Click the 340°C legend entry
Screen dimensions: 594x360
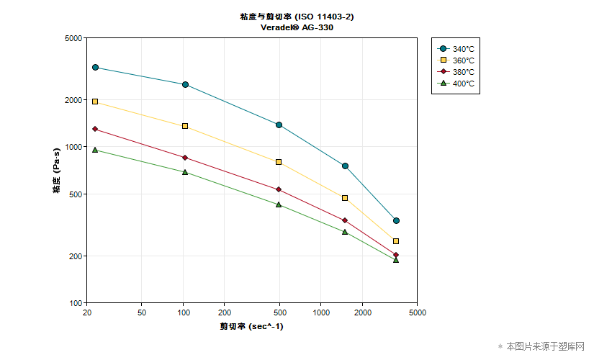456,49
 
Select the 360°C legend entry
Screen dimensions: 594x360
456,60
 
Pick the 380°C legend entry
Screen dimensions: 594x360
456,71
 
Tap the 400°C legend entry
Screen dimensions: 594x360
456,84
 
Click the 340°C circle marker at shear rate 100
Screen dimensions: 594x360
185,84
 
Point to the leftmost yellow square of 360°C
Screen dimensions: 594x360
95,102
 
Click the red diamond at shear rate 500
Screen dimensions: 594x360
279,189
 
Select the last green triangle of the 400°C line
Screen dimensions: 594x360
396,260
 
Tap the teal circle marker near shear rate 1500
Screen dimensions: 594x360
345,166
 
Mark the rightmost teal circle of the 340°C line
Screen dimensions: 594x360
396,220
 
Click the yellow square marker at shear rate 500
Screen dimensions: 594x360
279,162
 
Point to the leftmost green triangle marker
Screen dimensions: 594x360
95,150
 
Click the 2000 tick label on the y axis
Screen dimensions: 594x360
73,100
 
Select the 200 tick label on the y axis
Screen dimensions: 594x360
76,256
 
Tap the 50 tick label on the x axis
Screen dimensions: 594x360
141,312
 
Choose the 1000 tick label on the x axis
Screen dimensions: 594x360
321,312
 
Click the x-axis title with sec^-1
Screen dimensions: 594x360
251,326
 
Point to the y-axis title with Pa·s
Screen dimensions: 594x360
56,171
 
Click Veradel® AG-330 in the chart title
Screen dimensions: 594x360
297,27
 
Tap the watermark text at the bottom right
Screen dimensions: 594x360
546,346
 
